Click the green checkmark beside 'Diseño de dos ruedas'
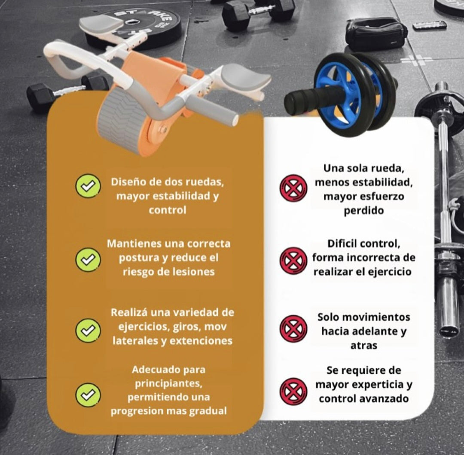[88, 186]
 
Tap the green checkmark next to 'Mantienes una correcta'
[88, 259]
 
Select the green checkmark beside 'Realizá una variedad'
[88, 331]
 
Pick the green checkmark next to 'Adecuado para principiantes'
[88, 395]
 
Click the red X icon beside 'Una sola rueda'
[293, 188]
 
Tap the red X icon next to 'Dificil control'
[293, 261]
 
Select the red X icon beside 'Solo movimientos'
[293, 329]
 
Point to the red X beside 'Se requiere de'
[293, 391]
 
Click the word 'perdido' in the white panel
[364, 210]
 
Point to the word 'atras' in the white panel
[364, 345]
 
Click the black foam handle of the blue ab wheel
[301, 101]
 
